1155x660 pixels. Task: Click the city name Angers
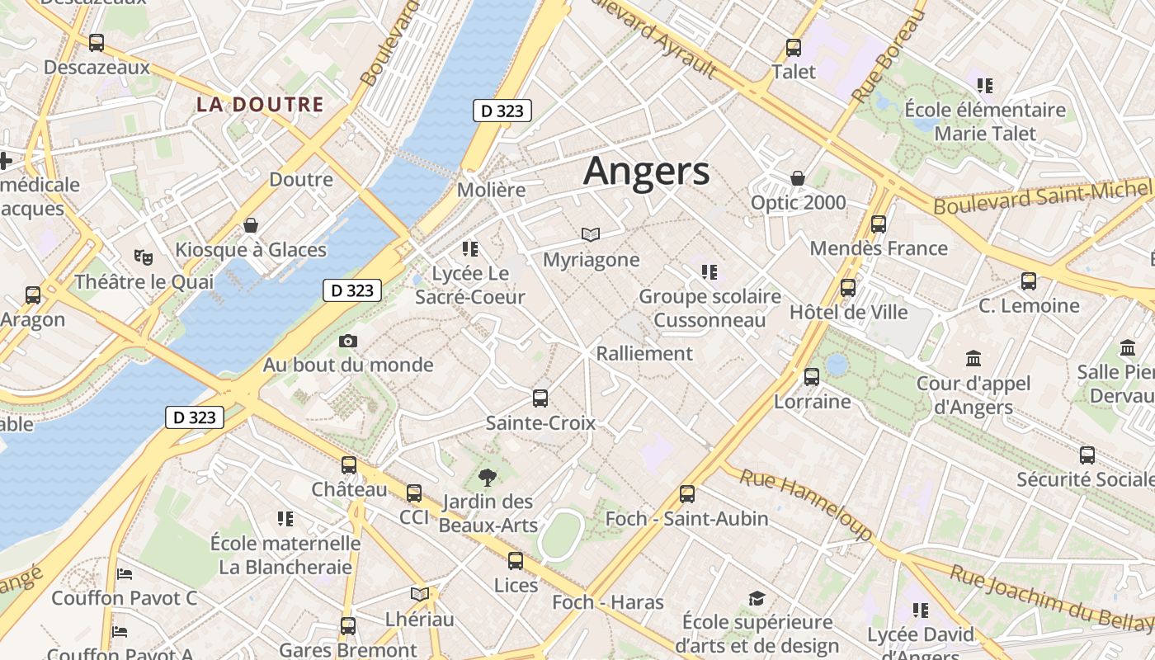tap(646, 172)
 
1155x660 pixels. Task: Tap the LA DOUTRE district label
tap(260, 105)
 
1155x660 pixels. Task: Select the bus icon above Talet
tap(794, 48)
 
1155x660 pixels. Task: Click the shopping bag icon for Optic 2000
tap(798, 178)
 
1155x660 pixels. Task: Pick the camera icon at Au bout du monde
tap(348, 341)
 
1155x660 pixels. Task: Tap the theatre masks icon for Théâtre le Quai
tap(144, 257)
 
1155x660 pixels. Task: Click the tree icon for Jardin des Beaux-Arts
tap(488, 477)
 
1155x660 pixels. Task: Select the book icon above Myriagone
tap(591, 235)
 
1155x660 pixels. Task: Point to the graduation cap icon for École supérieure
tap(757, 598)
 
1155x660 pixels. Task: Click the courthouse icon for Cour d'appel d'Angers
tap(973, 359)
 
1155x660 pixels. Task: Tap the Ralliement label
tap(644, 353)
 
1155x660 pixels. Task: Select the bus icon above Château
tap(349, 465)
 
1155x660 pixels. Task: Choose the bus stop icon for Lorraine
tap(812, 377)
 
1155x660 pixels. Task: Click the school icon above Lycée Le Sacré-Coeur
tap(470, 248)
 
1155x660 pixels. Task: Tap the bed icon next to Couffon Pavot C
tap(125, 574)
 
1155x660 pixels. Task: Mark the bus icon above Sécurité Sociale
tap(1087, 455)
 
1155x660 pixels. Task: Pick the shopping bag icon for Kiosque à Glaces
tap(251, 225)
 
